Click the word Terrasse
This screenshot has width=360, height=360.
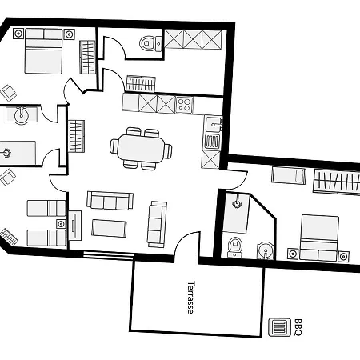tap(191, 298)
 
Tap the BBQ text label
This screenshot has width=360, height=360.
tap(298, 327)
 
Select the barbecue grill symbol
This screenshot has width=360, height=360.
tap(279, 327)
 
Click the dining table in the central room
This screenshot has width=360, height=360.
tap(141, 148)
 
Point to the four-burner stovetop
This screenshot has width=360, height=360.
tap(184, 105)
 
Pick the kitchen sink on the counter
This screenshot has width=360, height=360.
tap(213, 125)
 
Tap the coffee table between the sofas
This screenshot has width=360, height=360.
tap(109, 228)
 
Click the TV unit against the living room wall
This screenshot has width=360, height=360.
tap(75, 226)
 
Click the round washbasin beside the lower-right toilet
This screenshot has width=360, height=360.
tap(265, 250)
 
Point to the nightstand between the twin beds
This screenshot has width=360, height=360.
tap(61, 224)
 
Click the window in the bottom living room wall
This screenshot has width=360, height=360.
tap(109, 255)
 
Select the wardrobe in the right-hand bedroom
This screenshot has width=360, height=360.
tap(337, 182)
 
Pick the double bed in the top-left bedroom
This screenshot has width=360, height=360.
tap(43, 51)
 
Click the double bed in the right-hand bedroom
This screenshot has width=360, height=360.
tap(319, 238)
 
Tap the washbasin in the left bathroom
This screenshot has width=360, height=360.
tap(22, 115)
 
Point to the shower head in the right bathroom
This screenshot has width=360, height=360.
tap(237, 202)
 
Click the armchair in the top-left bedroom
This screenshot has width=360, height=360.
tap(8, 93)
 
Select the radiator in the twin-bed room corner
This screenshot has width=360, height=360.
tap(9, 237)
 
